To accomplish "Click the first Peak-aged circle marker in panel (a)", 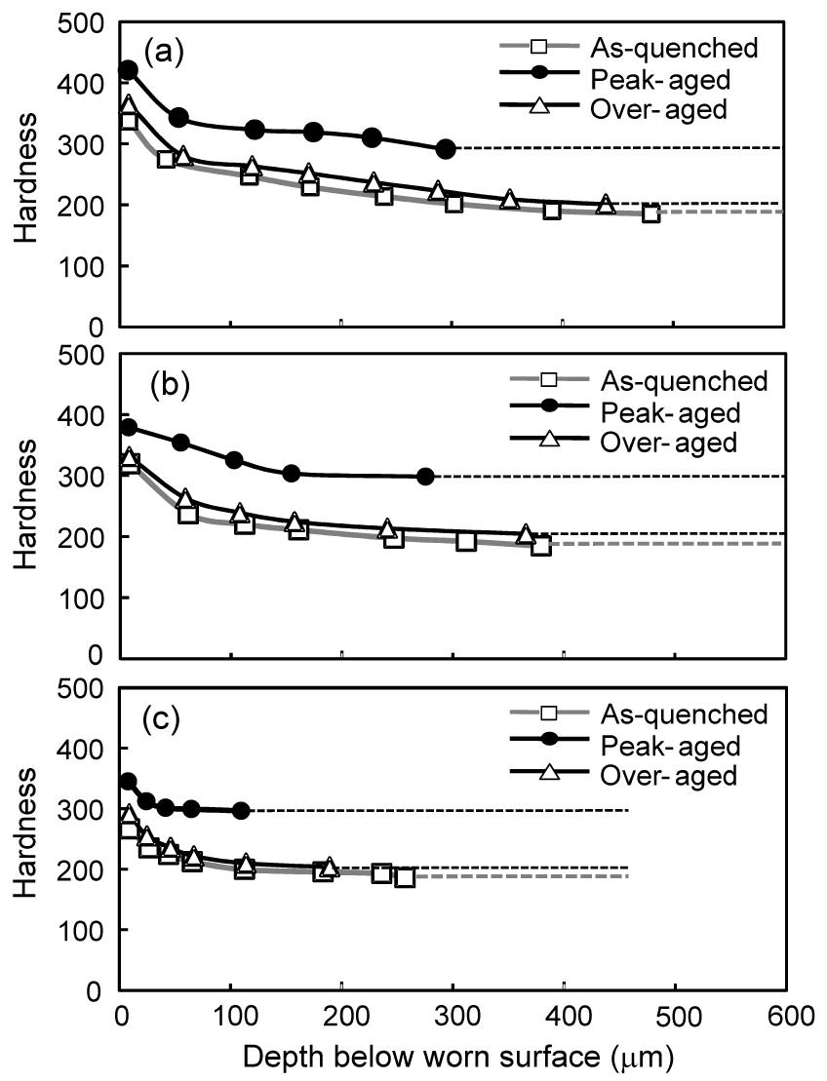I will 128,70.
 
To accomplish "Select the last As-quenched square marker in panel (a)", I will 651,213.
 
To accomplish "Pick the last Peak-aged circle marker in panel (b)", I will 425,477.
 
